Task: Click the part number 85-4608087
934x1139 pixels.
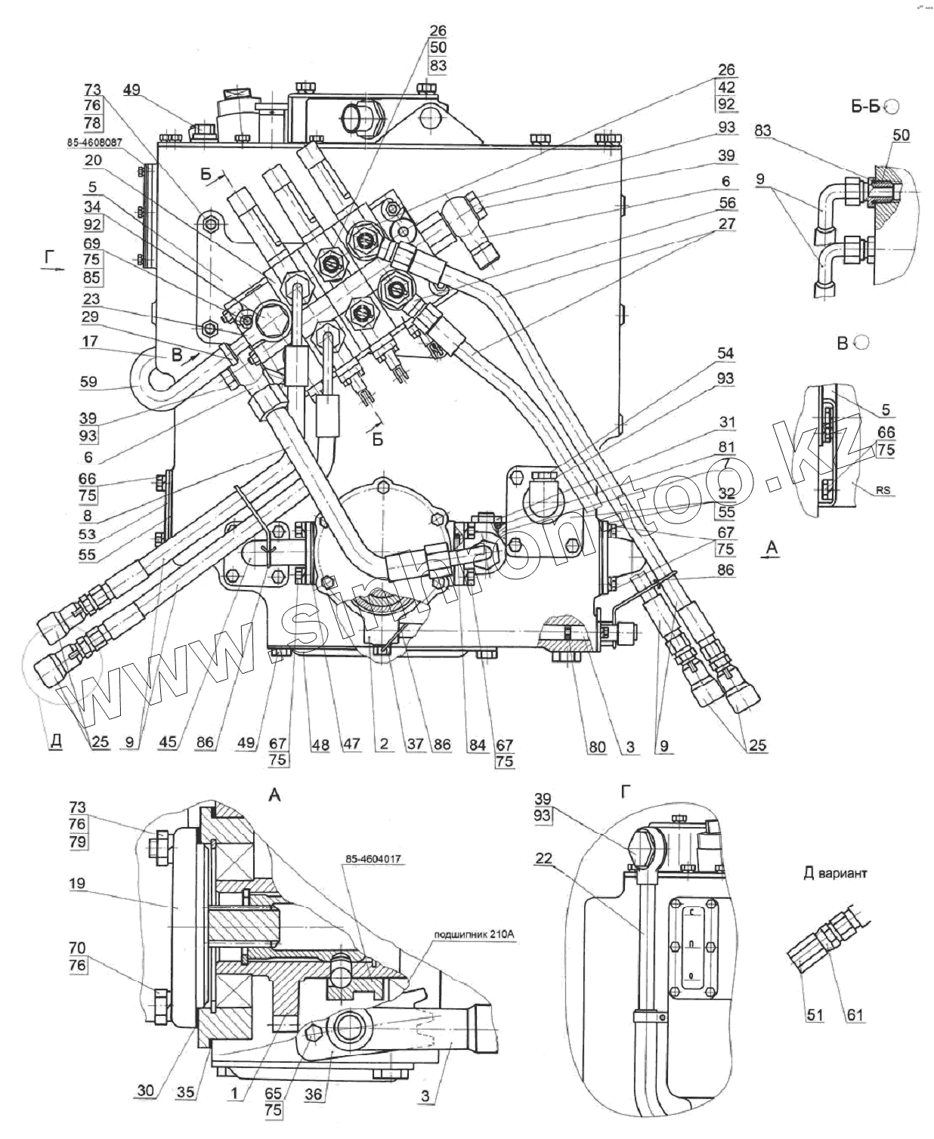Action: pos(95,141)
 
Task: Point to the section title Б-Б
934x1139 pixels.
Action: pos(868,107)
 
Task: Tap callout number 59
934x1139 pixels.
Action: pos(88,381)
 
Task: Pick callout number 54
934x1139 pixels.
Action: pos(725,353)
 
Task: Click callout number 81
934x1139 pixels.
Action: pos(725,447)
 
